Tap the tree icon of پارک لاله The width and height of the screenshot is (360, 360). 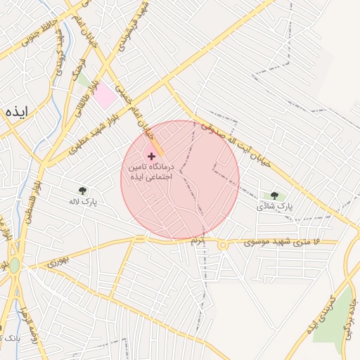click(x=83, y=190)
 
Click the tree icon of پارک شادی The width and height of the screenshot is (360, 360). click(x=274, y=195)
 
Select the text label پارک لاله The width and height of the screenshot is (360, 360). click(x=82, y=202)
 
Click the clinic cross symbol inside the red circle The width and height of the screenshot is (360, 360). click(x=151, y=155)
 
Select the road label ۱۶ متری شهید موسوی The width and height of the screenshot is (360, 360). click(x=282, y=243)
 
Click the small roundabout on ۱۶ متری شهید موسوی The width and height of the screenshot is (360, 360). click(x=222, y=245)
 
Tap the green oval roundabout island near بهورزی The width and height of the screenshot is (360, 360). click(x=14, y=266)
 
